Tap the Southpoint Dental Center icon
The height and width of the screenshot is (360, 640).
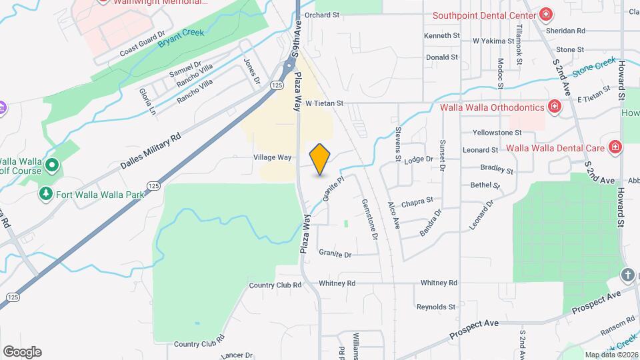(x=547, y=15)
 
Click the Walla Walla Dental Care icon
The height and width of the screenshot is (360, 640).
(x=615, y=148)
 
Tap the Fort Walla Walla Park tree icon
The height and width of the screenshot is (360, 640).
(x=46, y=194)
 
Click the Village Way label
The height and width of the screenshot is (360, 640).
(x=273, y=157)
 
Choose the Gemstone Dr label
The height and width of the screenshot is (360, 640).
(x=369, y=219)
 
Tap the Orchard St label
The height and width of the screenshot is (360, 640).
(x=322, y=14)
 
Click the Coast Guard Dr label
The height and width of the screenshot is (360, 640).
(x=142, y=44)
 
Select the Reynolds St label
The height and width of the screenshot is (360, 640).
(x=435, y=307)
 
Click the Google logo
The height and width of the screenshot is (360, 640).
(x=22, y=351)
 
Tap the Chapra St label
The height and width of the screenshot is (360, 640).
(x=417, y=200)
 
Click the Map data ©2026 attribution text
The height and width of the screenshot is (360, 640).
(x=611, y=355)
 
